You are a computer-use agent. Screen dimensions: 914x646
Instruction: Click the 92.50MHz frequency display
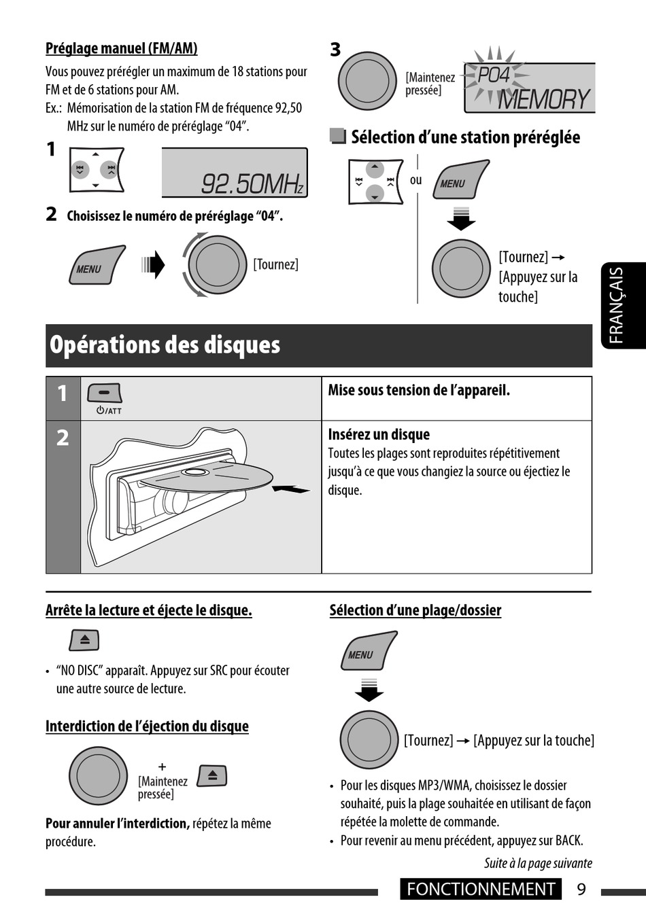tap(235, 173)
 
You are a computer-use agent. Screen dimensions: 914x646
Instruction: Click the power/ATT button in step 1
tap(105, 393)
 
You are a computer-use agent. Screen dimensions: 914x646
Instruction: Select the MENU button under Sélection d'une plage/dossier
tap(367, 651)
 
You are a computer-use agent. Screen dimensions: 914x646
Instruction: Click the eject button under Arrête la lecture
tap(84, 640)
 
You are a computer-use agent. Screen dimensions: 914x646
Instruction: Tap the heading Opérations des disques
tap(165, 345)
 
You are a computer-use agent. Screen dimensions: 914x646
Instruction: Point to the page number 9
tap(581, 890)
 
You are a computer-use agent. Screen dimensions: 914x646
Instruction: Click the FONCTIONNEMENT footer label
tap(481, 890)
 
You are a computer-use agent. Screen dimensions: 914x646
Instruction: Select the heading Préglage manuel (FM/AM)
tap(122, 48)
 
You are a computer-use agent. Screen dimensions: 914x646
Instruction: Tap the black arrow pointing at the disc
tap(290, 489)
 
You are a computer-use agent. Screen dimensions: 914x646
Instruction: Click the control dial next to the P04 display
tap(367, 81)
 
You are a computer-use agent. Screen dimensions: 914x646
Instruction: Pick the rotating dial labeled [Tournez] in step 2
tap(217, 264)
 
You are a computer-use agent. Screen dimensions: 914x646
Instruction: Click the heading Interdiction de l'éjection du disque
tap(147, 726)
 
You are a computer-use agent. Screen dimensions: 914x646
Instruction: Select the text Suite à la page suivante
tap(538, 863)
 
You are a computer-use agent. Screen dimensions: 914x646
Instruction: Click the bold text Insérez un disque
tap(379, 434)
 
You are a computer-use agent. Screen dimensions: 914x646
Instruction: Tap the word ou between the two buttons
tap(415, 180)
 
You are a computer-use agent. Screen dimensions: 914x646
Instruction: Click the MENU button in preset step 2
tap(95, 266)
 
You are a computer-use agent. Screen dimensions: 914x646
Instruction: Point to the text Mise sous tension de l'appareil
tap(419, 390)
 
